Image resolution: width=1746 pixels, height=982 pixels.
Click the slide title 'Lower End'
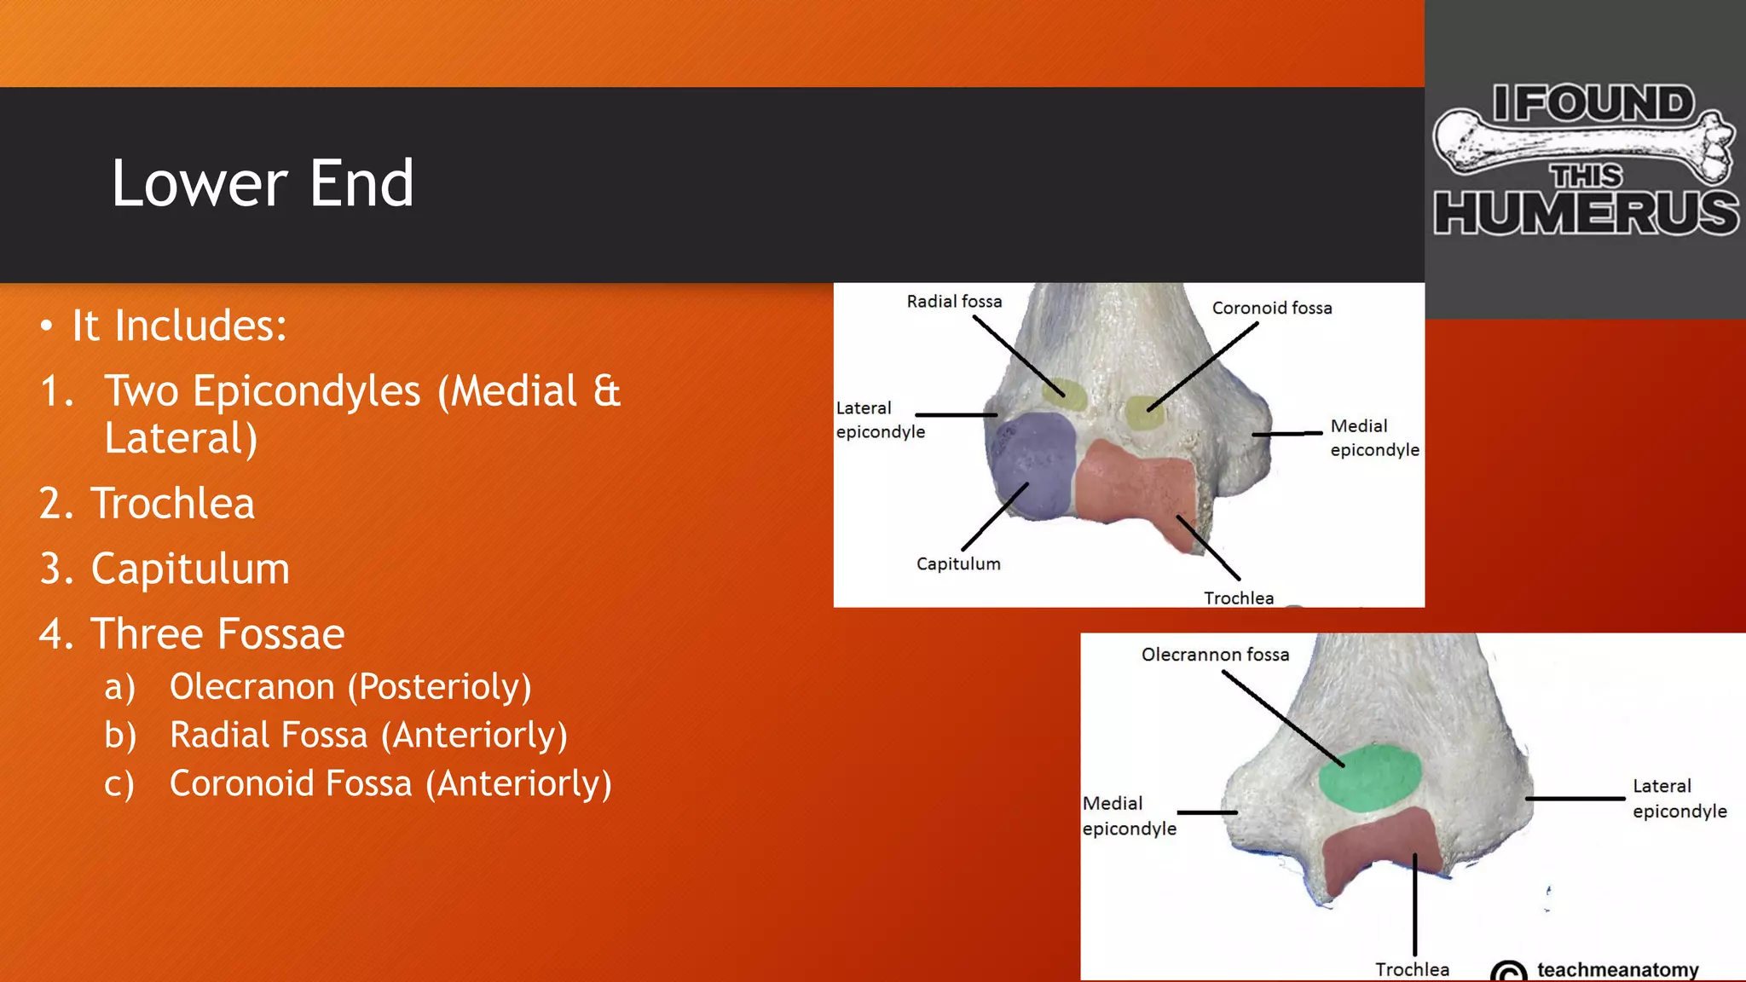[x=263, y=183]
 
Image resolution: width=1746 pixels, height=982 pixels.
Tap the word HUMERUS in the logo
[x=1586, y=213]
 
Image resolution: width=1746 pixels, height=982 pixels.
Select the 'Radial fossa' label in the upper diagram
[x=954, y=302]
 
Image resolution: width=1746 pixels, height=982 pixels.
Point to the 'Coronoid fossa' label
[x=1271, y=308]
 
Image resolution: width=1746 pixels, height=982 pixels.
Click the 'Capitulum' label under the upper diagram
[x=958, y=563]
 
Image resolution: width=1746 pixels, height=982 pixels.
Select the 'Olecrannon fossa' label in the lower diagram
[x=1215, y=655]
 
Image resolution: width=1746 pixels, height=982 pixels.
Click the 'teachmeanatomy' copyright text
[x=1617, y=970]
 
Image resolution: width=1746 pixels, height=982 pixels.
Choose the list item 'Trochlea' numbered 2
[x=173, y=503]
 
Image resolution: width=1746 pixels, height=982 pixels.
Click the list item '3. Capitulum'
[x=189, y=569]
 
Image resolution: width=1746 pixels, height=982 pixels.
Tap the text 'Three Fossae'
[x=217, y=633]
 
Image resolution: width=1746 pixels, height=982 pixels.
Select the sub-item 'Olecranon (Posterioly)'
[x=350, y=686]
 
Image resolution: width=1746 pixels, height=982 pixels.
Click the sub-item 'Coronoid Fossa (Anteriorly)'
[x=390, y=783]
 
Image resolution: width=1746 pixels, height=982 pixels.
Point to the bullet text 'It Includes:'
[x=179, y=326]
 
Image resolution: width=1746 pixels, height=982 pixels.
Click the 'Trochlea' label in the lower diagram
[x=1412, y=969]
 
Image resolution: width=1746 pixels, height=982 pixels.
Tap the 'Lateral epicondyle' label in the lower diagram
[x=1679, y=799]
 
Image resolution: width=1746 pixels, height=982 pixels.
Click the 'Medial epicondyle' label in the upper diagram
[x=1373, y=437]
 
